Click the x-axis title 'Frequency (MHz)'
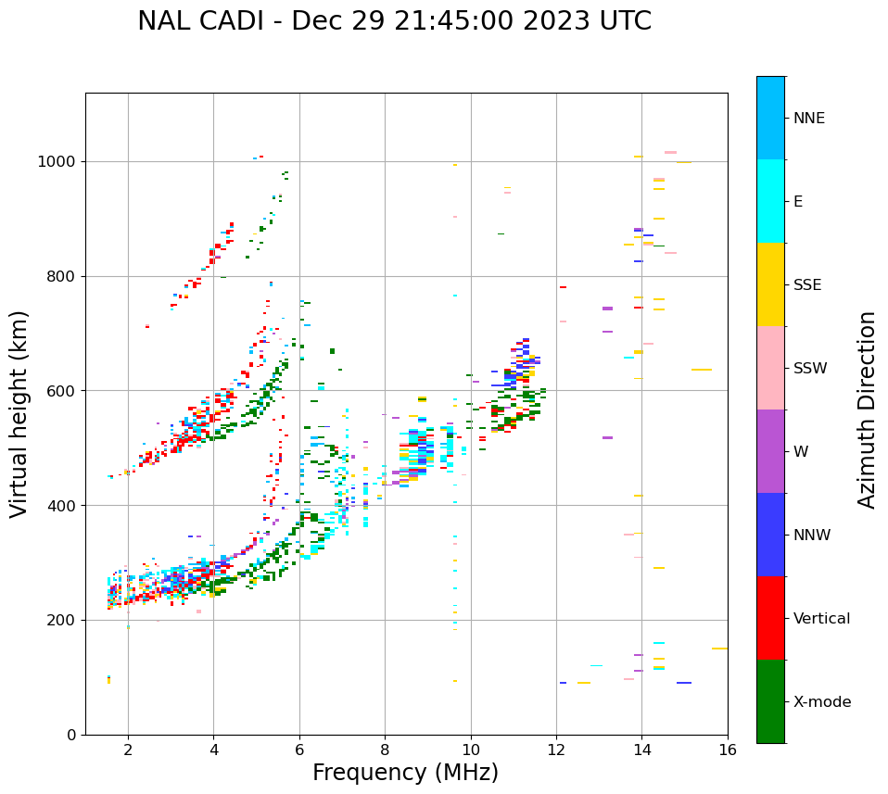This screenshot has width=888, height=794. point(405,773)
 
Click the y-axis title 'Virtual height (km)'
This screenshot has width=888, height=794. point(19,414)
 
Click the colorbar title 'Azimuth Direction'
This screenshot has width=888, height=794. point(867,410)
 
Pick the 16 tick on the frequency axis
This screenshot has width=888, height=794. point(728,750)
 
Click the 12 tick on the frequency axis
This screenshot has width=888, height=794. point(556,750)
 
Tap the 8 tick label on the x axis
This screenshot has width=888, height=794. point(385,750)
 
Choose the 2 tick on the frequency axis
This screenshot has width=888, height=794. point(128,750)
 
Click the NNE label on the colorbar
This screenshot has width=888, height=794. point(808,119)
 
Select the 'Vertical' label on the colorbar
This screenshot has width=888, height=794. point(821,618)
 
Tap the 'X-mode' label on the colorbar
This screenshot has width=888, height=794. point(821,701)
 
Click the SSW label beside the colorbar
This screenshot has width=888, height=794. point(810,368)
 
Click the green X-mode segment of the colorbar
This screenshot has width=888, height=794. point(770,701)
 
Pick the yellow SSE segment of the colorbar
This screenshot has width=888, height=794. point(770,284)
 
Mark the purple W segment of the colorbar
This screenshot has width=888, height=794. point(770,451)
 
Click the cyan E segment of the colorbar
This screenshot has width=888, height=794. point(770,201)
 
